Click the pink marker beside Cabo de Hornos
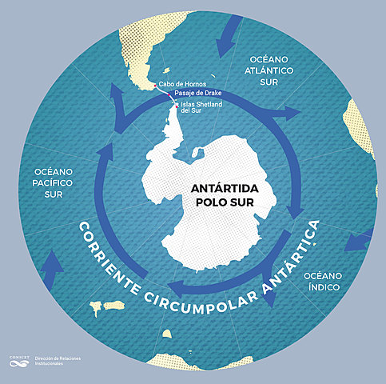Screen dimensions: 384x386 coord(154,83)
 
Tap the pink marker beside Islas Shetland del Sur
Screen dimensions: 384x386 coord(177,104)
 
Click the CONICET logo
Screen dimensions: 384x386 coord(18,362)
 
